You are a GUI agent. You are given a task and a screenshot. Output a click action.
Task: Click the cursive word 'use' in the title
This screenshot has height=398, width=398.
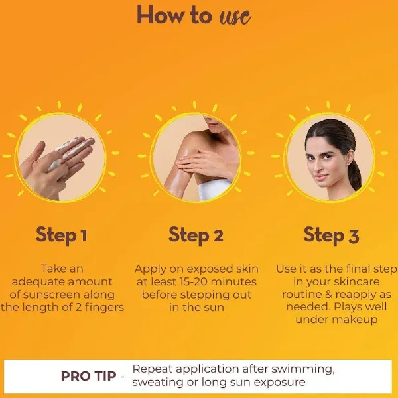coord(235,16)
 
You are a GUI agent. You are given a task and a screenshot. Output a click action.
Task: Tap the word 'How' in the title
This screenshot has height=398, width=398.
coord(161,15)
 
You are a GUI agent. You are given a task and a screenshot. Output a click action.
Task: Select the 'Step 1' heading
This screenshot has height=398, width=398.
coord(62,235)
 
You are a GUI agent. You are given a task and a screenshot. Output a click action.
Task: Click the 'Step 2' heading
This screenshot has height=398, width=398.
coord(196,235)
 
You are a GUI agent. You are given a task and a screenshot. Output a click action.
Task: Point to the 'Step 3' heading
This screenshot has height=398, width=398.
coord(331,235)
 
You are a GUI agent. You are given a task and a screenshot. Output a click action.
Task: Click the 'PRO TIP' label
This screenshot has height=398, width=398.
coord(89,376)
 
